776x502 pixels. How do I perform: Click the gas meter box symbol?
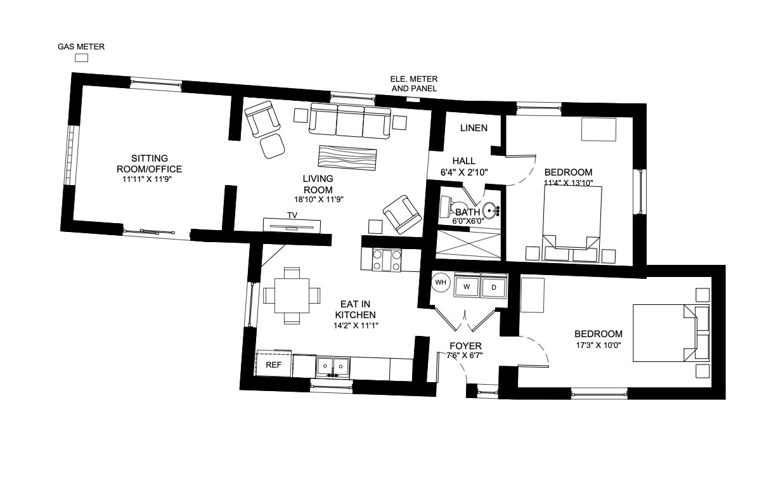(81, 58)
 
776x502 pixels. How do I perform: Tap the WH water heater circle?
(441, 282)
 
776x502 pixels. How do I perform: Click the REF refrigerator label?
(273, 365)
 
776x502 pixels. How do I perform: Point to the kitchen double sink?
(333, 367)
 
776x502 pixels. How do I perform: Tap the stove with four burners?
(386, 260)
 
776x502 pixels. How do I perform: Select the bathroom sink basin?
(489, 210)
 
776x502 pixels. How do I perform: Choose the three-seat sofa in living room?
(349, 120)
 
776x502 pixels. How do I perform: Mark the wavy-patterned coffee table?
(347, 158)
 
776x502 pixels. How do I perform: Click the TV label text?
(292, 215)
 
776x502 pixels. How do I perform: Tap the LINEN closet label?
(474, 128)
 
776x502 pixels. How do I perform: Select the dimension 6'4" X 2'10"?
(464, 172)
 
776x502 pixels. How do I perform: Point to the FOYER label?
(465, 345)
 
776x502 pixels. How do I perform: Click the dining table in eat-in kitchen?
(292, 295)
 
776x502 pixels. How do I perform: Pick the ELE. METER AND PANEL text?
(414, 84)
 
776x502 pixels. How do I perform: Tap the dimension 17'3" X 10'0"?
(598, 345)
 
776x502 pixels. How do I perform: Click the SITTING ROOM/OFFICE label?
(150, 164)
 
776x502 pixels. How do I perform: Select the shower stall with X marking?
(468, 244)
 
